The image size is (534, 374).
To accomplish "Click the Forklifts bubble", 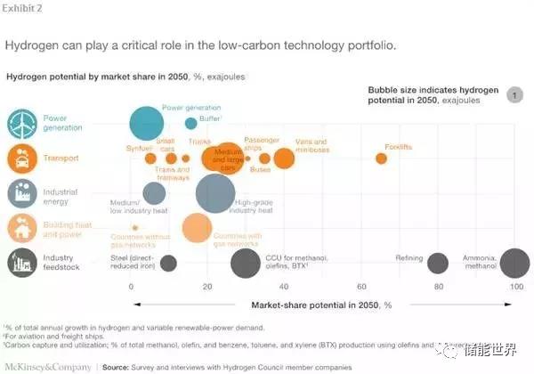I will tap(381, 159).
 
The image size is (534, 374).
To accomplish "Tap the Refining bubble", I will tap(437, 263).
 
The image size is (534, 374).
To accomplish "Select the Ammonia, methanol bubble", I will tap(515, 263).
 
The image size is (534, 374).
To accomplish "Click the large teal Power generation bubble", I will tap(147, 126).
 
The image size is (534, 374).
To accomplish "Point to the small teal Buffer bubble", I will tap(191, 124).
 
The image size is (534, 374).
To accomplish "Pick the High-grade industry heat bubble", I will tap(214, 194).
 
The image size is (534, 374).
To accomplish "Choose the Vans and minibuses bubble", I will tap(284, 159).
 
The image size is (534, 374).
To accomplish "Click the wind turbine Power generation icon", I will tap(22, 124).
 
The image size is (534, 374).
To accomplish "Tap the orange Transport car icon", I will tap(22, 159).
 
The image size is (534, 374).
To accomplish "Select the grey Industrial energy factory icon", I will tap(22, 193).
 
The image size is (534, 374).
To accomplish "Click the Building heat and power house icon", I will tap(22, 228).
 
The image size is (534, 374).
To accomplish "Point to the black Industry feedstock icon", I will tap(22, 262).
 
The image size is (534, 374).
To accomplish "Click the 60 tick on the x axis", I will tap(361, 287).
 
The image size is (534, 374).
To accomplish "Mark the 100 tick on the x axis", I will tap(515, 287).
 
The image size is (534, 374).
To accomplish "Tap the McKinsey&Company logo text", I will tap(44, 365).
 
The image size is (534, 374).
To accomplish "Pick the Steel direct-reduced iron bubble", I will tap(168, 263).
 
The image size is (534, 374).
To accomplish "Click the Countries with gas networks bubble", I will tap(197, 227).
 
